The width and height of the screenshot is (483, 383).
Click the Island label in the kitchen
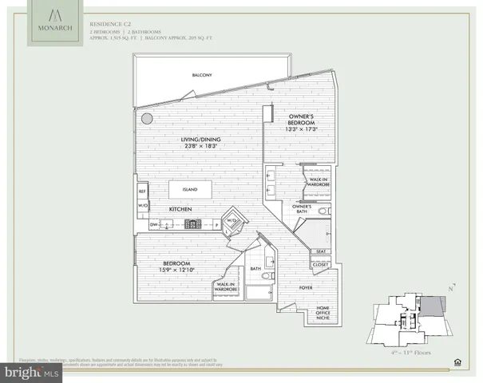(x=190, y=191)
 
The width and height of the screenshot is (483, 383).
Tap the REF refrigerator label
(x=143, y=191)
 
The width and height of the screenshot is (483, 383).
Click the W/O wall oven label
(x=143, y=206)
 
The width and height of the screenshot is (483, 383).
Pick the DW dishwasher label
(x=153, y=225)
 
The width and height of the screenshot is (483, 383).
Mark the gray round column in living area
(x=147, y=118)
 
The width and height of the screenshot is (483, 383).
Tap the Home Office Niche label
(x=323, y=312)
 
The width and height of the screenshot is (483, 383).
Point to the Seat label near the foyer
(x=321, y=251)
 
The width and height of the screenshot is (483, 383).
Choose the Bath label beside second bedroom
(x=255, y=269)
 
